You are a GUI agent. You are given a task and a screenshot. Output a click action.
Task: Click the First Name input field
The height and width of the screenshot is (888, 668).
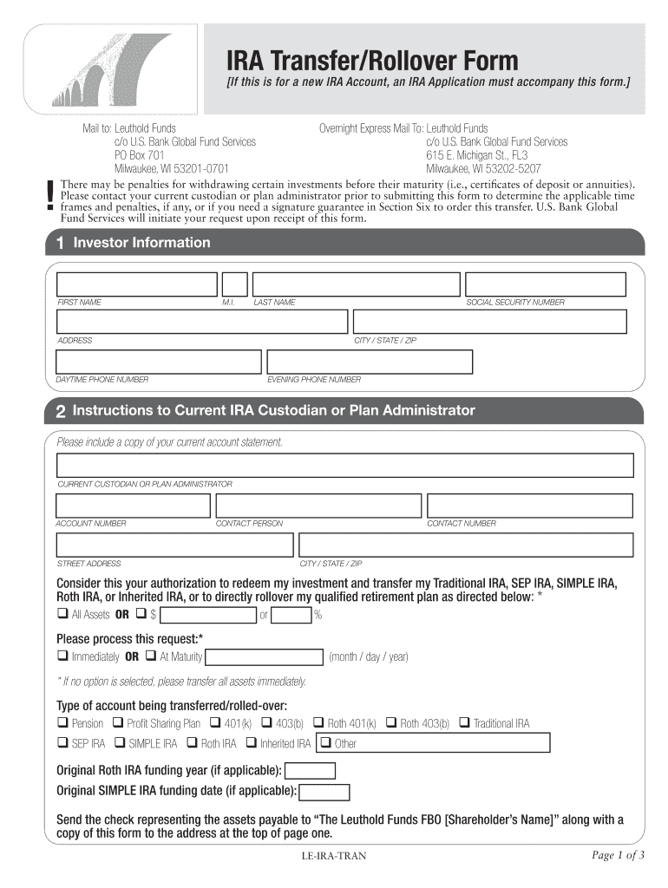[137, 284]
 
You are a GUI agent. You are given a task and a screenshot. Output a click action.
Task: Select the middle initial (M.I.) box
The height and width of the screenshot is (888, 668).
[234, 284]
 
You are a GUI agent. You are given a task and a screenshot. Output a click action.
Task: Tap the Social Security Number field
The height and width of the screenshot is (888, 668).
[545, 284]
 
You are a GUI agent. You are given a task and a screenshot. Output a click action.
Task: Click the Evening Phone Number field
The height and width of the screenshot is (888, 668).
[370, 362]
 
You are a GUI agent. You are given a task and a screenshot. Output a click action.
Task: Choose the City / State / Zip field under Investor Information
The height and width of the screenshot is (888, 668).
[488, 323]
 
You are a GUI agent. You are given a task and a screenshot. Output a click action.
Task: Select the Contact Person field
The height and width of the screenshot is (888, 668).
[318, 506]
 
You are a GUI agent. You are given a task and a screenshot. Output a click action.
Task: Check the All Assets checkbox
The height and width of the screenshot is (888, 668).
[62, 615]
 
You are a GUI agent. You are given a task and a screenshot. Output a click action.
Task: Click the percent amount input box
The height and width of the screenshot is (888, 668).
[291, 615]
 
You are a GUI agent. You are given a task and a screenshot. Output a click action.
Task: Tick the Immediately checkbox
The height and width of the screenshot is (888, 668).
[62, 656]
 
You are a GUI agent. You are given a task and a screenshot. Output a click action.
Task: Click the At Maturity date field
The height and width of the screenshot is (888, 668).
[264, 657]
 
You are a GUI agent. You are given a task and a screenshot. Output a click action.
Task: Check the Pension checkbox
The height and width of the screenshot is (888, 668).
[62, 723]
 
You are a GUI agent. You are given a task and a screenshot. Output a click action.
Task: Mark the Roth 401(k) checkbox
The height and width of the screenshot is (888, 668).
[318, 723]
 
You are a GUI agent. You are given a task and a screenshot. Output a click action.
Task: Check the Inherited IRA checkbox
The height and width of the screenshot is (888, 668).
[251, 743]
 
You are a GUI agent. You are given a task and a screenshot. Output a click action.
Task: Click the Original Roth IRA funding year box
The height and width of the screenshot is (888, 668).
[310, 771]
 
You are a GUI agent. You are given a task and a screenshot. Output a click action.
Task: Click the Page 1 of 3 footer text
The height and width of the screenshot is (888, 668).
[618, 856]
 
